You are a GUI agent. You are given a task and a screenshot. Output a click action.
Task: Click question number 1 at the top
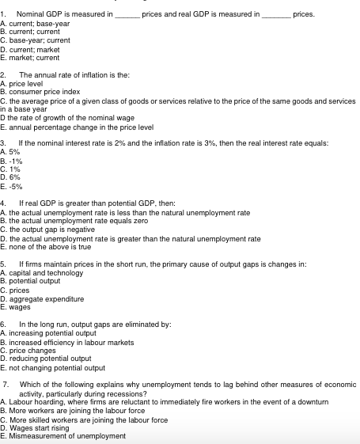pos(4,14)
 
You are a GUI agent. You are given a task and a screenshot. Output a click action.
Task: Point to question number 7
pos(6,382)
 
